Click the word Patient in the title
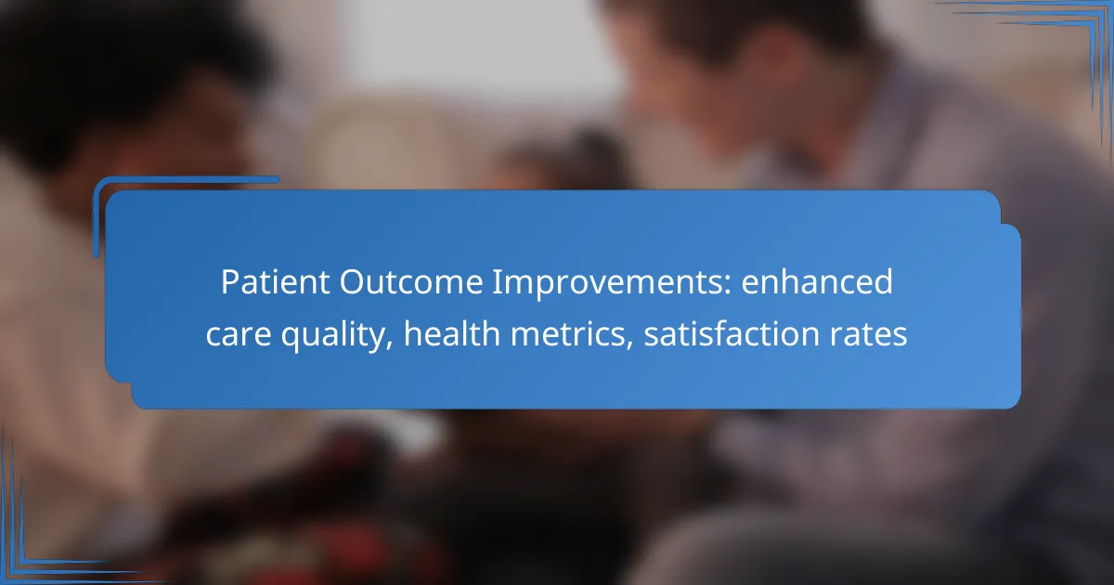point(276,282)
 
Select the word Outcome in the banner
point(411,282)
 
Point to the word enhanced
point(817,282)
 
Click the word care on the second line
point(239,334)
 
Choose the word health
point(451,333)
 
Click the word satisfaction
point(732,333)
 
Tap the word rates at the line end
point(868,335)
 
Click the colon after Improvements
point(728,286)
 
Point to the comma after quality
point(389,344)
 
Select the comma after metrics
point(629,344)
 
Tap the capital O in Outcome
point(352,282)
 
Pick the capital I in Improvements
point(497,282)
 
